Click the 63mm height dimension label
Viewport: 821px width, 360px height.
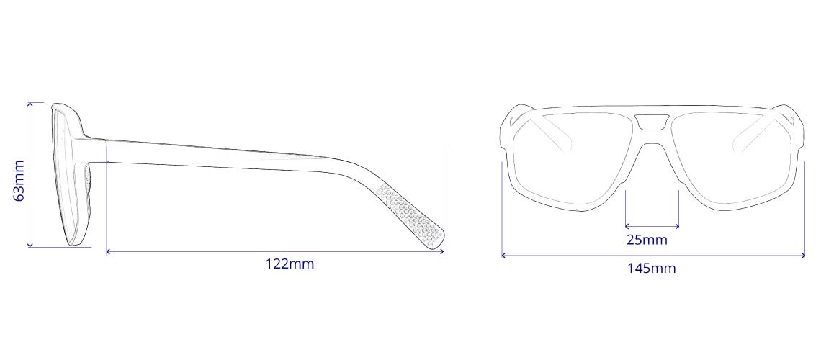click(x=19, y=180)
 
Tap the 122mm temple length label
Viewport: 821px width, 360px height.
click(x=290, y=264)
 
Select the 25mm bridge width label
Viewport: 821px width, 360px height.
click(x=646, y=239)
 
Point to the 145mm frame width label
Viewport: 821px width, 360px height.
click(x=651, y=269)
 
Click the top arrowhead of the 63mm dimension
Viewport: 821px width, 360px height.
click(x=30, y=104)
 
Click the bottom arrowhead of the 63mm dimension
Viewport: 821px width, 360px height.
click(x=30, y=246)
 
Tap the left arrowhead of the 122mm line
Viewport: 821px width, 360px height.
click(x=108, y=251)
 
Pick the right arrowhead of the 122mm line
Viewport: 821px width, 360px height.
click(x=442, y=251)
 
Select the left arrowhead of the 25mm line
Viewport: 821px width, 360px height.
click(x=627, y=225)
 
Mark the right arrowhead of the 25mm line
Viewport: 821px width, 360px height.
click(x=678, y=225)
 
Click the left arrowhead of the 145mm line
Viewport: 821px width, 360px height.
click(x=503, y=255)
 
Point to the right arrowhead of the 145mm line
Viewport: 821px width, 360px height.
click(x=803, y=255)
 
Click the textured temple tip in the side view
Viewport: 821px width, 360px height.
click(x=414, y=216)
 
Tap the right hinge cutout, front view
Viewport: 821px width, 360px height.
click(x=791, y=120)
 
